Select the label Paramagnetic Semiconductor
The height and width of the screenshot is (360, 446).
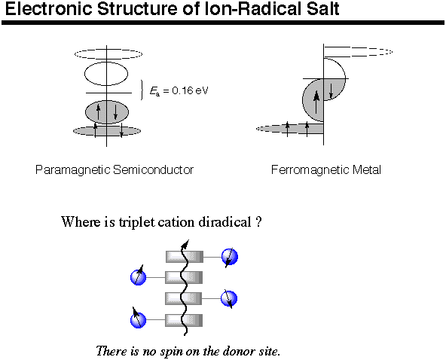[x=115, y=170]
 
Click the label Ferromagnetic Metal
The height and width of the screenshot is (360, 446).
[x=326, y=170]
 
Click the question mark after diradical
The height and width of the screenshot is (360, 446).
[x=258, y=222]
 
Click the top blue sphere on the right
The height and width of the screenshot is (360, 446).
[x=230, y=257]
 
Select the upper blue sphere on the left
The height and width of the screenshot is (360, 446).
[x=138, y=277]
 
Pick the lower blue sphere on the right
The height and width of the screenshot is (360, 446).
[x=229, y=299]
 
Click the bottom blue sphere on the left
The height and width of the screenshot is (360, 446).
[x=138, y=320]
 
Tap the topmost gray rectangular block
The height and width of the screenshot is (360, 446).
[x=185, y=257]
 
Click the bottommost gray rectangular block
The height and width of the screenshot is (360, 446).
[x=184, y=320]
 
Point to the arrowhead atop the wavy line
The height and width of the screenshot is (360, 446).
[x=185, y=244]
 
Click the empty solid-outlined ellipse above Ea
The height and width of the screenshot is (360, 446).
[x=106, y=74]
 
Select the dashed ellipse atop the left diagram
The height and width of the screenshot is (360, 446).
[x=108, y=53]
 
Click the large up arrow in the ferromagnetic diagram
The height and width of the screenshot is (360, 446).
[x=316, y=102]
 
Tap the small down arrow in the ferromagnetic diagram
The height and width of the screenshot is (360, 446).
[x=331, y=91]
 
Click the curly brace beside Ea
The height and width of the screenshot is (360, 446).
[x=142, y=90]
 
